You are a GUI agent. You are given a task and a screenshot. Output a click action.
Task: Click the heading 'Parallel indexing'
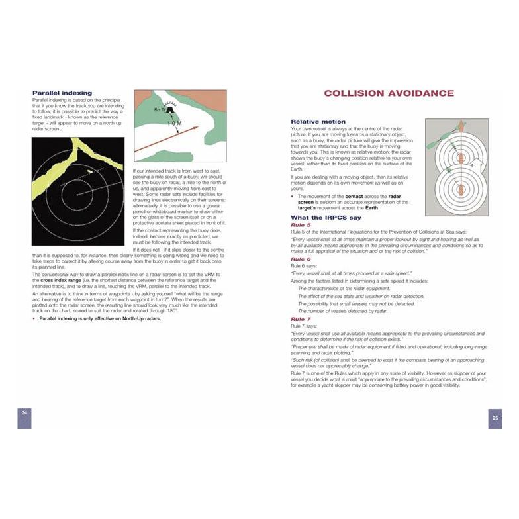[62, 93]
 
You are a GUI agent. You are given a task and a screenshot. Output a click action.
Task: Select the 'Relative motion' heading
[318, 122]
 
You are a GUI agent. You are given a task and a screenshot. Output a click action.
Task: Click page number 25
[495, 418]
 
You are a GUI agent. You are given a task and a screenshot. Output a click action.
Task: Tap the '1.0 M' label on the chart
[174, 124]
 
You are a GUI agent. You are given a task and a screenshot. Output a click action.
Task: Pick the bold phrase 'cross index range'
[57, 280]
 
